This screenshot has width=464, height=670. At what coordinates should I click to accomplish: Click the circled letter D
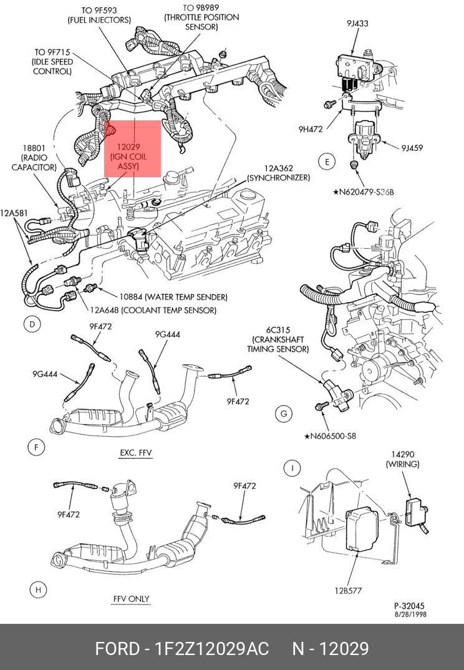pyautogui.click(x=32, y=324)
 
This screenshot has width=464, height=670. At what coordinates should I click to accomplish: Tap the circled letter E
pyautogui.click(x=327, y=162)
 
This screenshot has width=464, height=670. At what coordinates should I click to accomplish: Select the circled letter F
pyautogui.click(x=36, y=447)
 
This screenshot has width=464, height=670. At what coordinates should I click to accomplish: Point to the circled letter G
pyautogui.click(x=284, y=414)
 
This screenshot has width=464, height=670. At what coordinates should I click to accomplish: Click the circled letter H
pyautogui.click(x=38, y=590)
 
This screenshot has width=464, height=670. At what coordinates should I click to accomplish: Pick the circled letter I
pyautogui.click(x=292, y=467)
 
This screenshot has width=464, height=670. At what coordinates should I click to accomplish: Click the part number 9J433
pyautogui.click(x=357, y=24)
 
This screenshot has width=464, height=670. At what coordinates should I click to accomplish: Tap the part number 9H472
pyautogui.click(x=311, y=129)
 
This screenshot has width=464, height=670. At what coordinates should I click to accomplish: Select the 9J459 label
pyautogui.click(x=412, y=148)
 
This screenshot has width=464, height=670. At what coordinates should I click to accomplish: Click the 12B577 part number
pyautogui.click(x=348, y=591)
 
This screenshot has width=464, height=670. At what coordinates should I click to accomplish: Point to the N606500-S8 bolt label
pyautogui.click(x=330, y=436)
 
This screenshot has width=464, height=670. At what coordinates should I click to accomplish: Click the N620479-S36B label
pyautogui.click(x=364, y=192)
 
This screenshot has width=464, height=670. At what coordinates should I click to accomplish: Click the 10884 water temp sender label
pyautogui.click(x=173, y=296)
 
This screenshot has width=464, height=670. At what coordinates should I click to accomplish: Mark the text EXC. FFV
pyautogui.click(x=136, y=452)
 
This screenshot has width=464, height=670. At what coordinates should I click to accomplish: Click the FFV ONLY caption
pyautogui.click(x=131, y=599)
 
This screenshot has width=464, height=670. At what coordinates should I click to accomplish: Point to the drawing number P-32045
pyautogui.click(x=409, y=606)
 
